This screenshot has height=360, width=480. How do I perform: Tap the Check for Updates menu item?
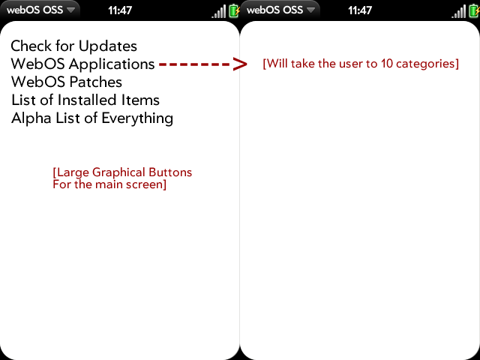73,46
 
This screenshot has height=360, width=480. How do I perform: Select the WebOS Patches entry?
67,82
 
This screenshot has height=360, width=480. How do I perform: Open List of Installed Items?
85,100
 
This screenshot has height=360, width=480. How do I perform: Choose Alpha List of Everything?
92,118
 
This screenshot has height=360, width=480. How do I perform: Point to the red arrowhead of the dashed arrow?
240,64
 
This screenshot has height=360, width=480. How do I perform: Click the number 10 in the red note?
387,64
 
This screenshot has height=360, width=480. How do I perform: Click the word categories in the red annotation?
426,64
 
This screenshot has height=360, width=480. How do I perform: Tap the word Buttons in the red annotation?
170,172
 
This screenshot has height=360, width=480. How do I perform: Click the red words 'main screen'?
129,184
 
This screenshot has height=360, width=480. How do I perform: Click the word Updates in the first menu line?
108,46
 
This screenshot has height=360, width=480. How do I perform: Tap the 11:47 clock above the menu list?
120,10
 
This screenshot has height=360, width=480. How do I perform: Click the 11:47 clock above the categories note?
360,10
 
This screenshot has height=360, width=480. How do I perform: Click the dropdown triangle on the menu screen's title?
71,10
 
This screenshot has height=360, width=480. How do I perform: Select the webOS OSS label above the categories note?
274,10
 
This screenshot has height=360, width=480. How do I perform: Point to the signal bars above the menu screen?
219,12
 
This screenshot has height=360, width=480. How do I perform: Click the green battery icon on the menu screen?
234,11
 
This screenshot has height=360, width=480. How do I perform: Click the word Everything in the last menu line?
137,118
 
